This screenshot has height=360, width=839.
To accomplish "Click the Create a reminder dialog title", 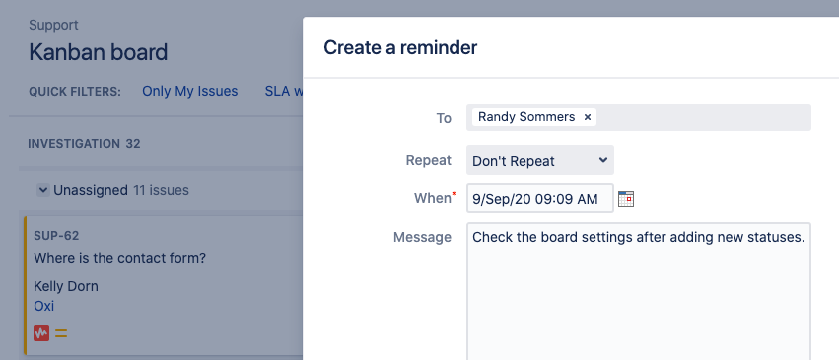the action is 400,48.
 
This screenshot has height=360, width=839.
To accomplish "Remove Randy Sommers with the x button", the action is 587,117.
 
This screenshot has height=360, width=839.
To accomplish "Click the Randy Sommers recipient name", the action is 526,117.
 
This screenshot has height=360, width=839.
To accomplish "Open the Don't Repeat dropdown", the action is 540,160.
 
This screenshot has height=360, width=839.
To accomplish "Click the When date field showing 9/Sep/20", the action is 540,198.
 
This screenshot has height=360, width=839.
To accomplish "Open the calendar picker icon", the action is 625,199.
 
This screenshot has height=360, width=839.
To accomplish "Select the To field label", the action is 444,118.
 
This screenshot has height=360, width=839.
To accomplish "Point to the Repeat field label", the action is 429,160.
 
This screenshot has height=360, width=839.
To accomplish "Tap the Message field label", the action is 422,237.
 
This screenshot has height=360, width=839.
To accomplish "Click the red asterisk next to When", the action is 454,194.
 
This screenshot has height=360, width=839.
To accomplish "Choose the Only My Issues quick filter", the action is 190,92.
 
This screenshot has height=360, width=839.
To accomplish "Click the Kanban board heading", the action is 99,52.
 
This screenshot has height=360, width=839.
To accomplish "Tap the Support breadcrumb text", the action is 53,25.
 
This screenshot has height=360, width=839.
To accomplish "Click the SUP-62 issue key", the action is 57,236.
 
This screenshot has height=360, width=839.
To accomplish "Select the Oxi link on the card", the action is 44,306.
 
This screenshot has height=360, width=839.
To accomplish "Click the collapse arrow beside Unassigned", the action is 42,190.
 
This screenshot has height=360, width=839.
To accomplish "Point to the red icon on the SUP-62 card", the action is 41,333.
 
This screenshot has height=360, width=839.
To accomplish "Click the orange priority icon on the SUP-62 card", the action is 61,333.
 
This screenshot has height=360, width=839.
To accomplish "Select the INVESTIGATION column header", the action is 74,144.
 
